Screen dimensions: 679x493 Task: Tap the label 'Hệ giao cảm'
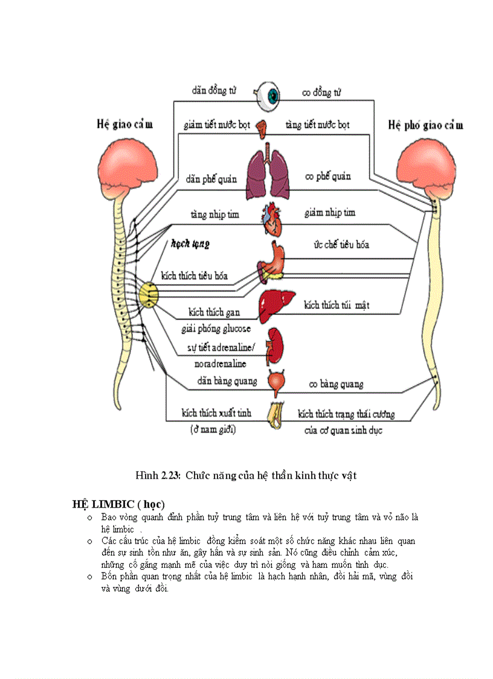point(124,125)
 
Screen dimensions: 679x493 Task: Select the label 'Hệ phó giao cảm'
point(425,125)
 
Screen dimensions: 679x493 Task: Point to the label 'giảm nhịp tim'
point(330,212)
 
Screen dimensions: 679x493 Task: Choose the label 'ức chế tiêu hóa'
point(341,244)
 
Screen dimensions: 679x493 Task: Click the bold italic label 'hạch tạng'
point(190,244)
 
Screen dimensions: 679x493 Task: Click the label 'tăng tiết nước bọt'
point(317,125)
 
